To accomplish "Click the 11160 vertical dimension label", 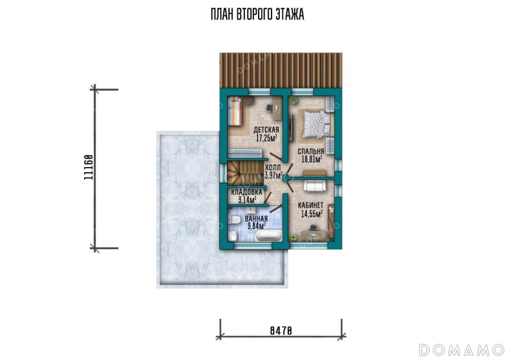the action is coord(88,167).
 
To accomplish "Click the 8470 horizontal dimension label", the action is coord(281,330).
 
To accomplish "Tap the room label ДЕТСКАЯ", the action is coord(266,130).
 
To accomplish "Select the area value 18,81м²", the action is coord(312,159).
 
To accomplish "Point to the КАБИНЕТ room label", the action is coord(311,205).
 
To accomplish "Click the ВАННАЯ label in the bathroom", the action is coord(256,219).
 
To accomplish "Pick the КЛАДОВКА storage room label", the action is coord(247,192).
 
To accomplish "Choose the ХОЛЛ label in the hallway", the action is coord(273,168).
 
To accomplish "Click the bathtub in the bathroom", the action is coord(269,236).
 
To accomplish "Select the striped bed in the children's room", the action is coord(235,111).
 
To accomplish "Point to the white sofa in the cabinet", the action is coord(315,185).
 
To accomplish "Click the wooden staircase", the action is coord(245,173).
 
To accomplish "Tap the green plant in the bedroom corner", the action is coord(293,101).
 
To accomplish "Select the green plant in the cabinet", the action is coord(293,237).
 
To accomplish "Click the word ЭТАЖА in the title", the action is coord(291,14).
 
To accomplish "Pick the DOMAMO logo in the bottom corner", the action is coord(461,350).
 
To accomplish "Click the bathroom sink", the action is coord(252,210).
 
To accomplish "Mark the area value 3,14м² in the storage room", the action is coord(247,199).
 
